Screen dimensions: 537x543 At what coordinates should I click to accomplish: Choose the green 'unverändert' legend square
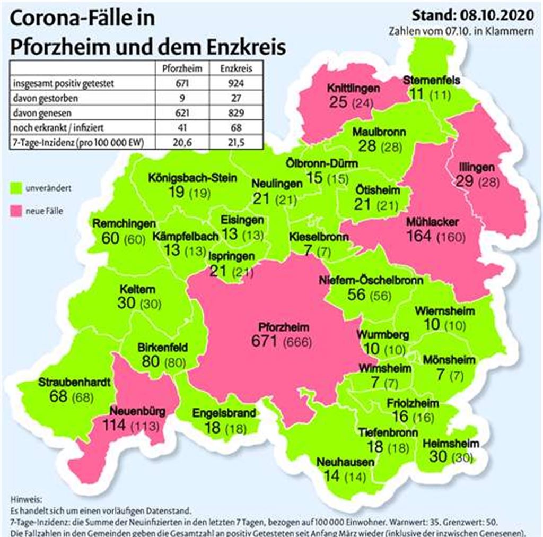pos(15,188)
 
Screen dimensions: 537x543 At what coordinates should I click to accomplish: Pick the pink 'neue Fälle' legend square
pos(15,211)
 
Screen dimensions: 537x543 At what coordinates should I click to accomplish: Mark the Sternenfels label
pos(431,81)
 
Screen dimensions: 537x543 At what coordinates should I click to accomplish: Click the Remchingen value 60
pos(110,239)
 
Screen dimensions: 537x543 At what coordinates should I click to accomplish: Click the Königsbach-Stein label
pos(192,178)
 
